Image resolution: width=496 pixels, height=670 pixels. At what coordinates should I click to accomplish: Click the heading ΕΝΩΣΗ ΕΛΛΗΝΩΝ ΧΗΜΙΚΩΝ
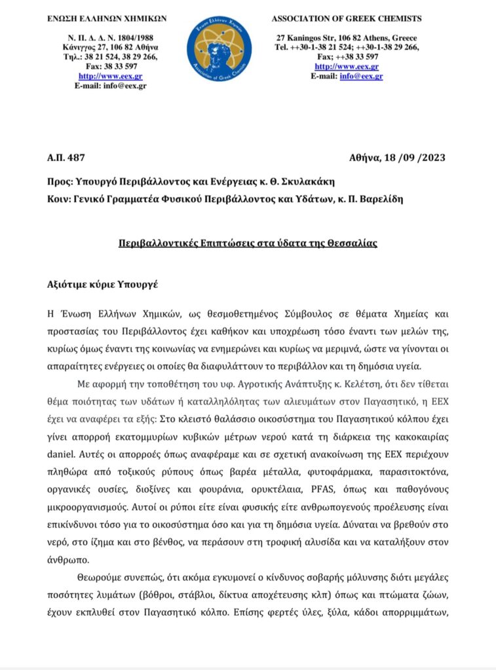point(106,19)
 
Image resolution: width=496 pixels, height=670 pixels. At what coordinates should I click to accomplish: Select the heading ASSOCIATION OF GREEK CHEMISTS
point(347,19)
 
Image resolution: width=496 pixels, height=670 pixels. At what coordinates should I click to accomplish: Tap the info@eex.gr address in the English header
point(361,76)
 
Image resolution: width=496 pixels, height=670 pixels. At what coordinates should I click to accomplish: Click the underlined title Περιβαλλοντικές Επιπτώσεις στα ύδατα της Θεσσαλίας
point(248,242)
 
